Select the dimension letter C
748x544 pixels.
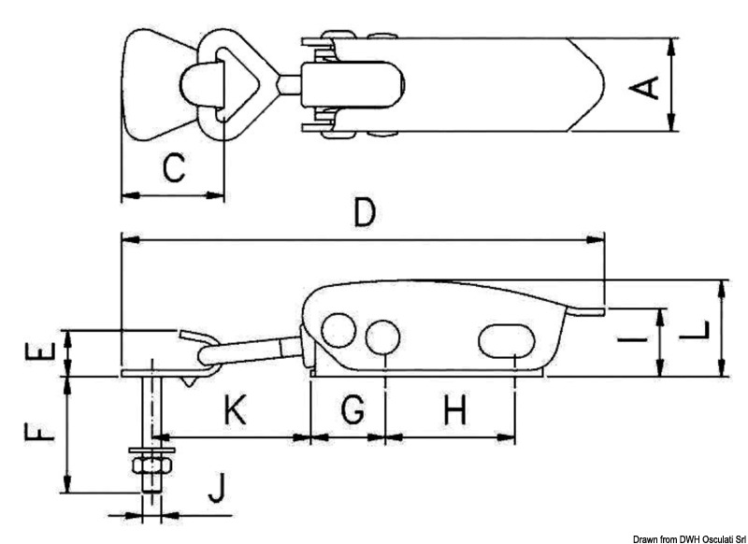(174, 169)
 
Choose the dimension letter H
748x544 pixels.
(454, 409)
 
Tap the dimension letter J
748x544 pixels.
(216, 487)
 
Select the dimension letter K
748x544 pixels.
(237, 409)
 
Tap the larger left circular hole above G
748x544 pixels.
(338, 331)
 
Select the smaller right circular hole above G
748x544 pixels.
(381, 336)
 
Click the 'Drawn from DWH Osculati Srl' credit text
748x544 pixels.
(689, 537)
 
